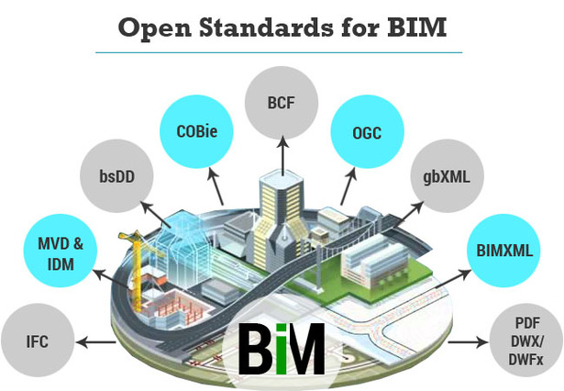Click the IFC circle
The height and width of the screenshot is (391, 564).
pos(37,343)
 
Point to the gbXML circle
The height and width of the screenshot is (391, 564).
pos(441,177)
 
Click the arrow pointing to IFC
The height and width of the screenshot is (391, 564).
pos(96,343)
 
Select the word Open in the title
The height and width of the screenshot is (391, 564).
pos(151,28)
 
